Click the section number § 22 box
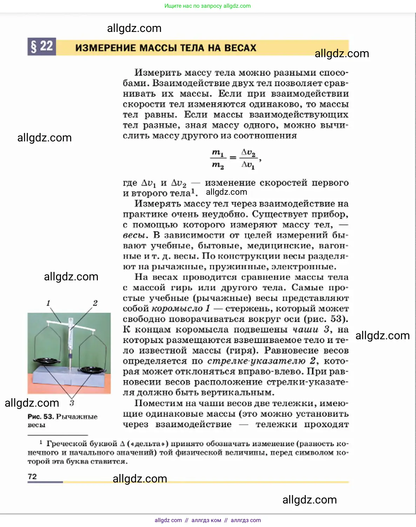(x=42, y=47)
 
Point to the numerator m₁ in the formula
(x=217, y=153)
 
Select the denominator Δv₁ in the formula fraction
(x=248, y=165)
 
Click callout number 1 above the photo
(x=48, y=303)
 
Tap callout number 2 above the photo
(x=95, y=303)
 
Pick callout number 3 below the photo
(x=72, y=403)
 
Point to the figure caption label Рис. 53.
(x=41, y=416)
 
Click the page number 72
(x=32, y=476)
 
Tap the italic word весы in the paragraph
(x=134, y=235)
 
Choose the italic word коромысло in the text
(x=177, y=309)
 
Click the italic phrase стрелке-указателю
(x=256, y=361)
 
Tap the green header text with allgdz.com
(x=208, y=6)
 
